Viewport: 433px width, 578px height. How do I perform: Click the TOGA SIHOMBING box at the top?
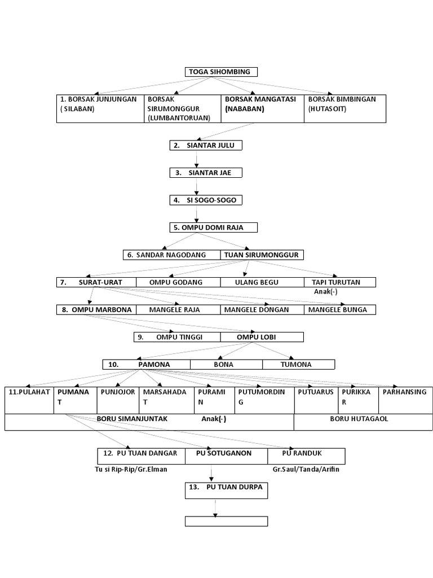(x=221, y=72)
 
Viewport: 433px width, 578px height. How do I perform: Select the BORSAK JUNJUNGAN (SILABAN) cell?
(x=100, y=108)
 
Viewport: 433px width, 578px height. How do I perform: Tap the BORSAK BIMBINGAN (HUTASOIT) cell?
(x=345, y=108)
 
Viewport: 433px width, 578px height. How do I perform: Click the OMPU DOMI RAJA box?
(x=213, y=227)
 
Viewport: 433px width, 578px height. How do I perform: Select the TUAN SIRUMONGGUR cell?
(x=261, y=255)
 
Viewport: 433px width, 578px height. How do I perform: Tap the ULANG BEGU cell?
(x=261, y=282)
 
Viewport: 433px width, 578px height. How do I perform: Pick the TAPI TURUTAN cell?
(x=339, y=282)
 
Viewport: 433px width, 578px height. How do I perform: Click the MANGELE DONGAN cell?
(x=261, y=309)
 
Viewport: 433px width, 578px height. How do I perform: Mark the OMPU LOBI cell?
(x=261, y=337)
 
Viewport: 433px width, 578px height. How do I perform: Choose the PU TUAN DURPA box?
(x=226, y=490)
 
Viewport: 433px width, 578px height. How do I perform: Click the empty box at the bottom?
(x=226, y=520)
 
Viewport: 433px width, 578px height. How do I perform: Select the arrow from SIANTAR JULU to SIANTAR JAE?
(x=196, y=159)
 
